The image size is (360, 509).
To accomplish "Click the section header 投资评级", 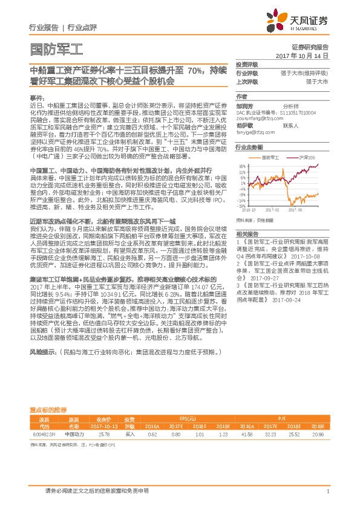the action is pyautogui.click(x=247, y=64).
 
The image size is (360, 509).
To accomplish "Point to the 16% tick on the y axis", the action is pyautogui.click(x=241, y=164).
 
